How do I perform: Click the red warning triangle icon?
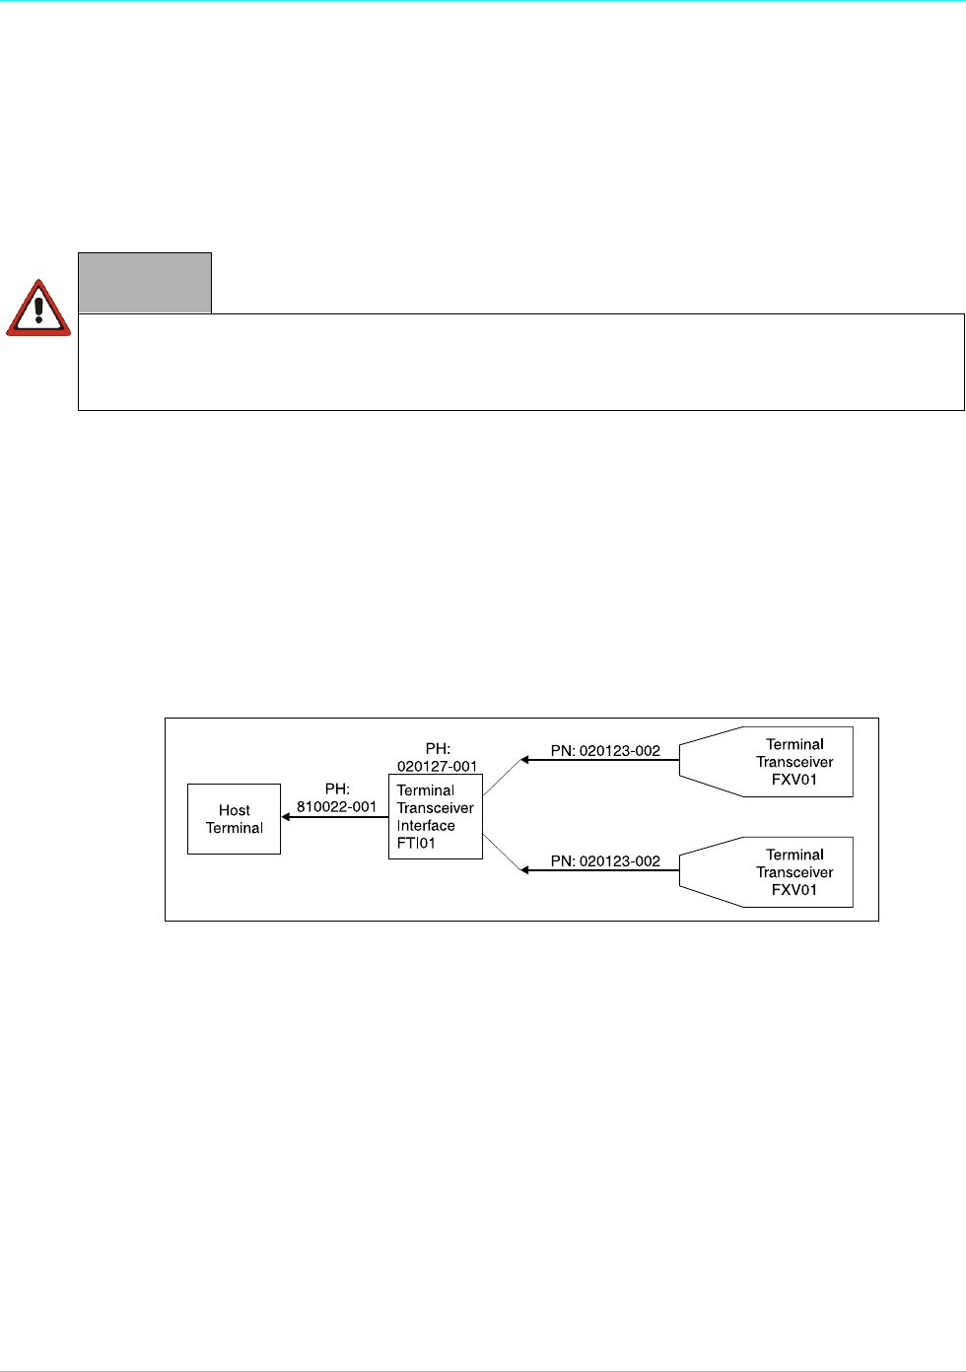38,309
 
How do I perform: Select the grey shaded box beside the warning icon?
145,283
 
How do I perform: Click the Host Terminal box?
234,819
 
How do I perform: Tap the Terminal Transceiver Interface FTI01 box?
436,817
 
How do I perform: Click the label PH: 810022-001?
337,798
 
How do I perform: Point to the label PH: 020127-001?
438,758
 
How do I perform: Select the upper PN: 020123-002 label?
605,751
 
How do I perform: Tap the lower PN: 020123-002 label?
605,861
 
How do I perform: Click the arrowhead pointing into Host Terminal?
286,817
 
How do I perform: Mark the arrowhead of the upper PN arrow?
525,760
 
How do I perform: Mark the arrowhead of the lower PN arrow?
525,870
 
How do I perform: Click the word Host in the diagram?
235,810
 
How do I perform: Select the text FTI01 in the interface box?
416,844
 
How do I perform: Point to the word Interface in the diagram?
426,826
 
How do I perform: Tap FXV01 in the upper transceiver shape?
794,780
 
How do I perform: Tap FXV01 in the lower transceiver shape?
794,890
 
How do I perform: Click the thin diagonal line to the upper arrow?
501,778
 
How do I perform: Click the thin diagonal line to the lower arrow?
501,854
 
